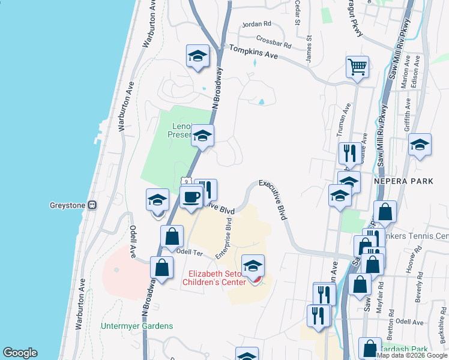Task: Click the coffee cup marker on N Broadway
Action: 191,197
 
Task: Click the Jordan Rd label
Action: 256,25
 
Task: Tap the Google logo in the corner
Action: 20,353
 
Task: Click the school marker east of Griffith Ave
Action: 420,145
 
